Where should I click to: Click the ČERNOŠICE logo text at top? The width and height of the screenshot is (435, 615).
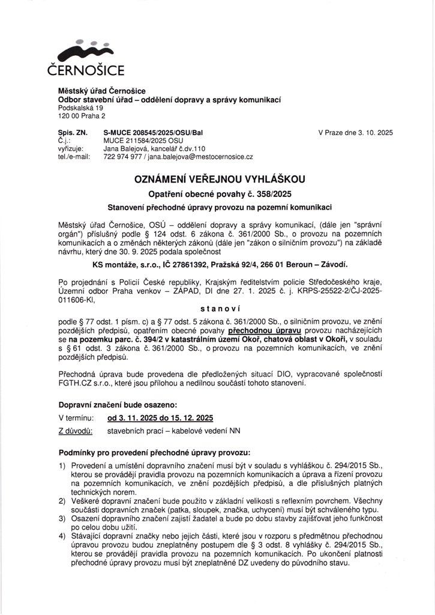coord(85,71)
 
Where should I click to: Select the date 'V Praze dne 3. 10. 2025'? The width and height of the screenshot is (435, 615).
coord(355,132)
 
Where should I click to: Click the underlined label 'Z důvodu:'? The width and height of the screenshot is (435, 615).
coord(75,431)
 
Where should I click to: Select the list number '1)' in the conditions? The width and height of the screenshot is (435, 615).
coord(62,465)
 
